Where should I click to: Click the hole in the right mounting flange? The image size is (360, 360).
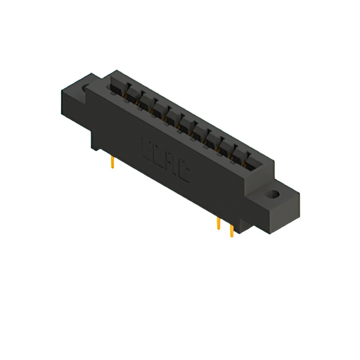click(x=273, y=195)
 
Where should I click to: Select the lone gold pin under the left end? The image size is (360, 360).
click(x=114, y=163)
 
